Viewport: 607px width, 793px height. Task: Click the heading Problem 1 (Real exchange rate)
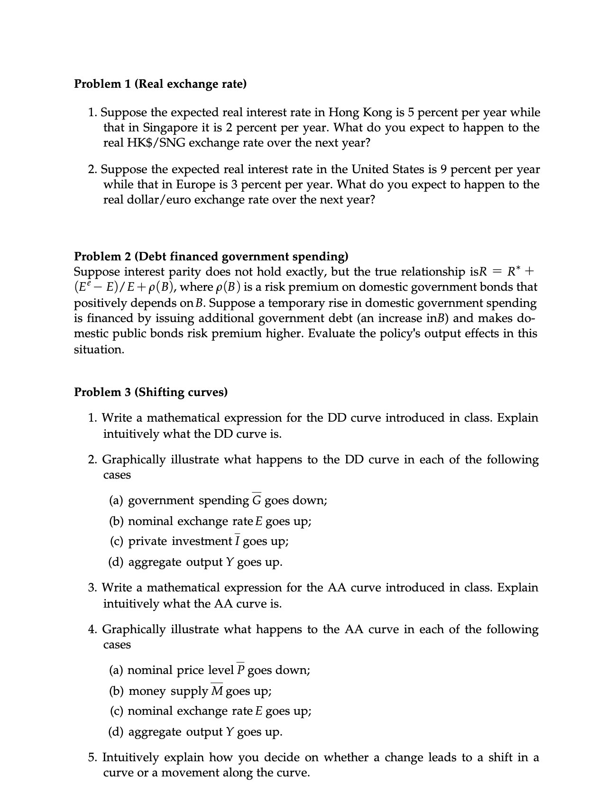coord(160,84)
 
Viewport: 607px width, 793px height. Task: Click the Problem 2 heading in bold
coord(211,257)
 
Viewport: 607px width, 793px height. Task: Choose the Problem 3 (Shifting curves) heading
coord(151,393)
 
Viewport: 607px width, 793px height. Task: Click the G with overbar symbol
coord(257,500)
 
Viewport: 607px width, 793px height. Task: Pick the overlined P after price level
coord(241,670)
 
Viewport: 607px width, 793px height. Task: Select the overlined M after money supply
coord(217,691)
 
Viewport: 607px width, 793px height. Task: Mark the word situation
coord(99,350)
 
